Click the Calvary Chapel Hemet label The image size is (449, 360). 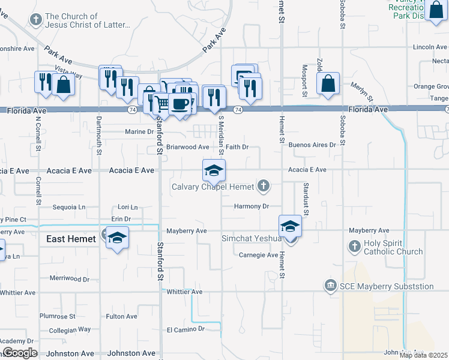pyautogui.click(x=213, y=187)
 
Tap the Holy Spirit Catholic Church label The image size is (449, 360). pyautogui.click(x=394, y=247)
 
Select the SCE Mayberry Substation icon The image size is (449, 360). pyautogui.click(x=330, y=286)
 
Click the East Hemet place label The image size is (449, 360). pyautogui.click(x=71, y=239)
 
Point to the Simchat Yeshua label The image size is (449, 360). pyautogui.click(x=252, y=238)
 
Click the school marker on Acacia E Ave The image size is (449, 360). pyautogui.click(x=214, y=170)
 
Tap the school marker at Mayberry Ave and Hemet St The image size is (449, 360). pyautogui.click(x=290, y=226)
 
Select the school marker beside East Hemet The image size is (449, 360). pyautogui.click(x=118, y=238)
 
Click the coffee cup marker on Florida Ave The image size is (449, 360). pyautogui.click(x=179, y=104)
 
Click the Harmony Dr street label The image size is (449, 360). pyautogui.click(x=251, y=206)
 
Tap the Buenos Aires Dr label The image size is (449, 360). pyautogui.click(x=312, y=145)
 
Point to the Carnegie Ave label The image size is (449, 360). pyautogui.click(x=258, y=255)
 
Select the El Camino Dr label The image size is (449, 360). pyautogui.click(x=185, y=329)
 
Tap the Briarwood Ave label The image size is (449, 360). pyautogui.click(x=187, y=147)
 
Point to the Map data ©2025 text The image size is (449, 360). pyautogui.click(x=423, y=355)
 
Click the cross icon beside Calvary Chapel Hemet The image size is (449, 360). pyautogui.click(x=263, y=187)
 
